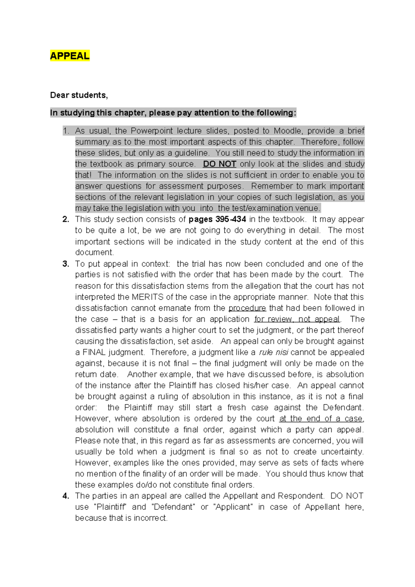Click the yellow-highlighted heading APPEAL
(x=70, y=56)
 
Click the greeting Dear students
(x=79, y=95)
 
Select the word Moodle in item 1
(x=287, y=131)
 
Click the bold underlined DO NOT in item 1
(x=219, y=164)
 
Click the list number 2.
(x=66, y=219)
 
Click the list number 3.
(x=66, y=264)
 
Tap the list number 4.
(x=66, y=496)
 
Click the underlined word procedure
(x=247, y=308)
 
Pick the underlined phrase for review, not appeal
(x=297, y=319)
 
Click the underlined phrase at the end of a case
(x=321, y=419)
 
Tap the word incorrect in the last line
(x=150, y=518)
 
